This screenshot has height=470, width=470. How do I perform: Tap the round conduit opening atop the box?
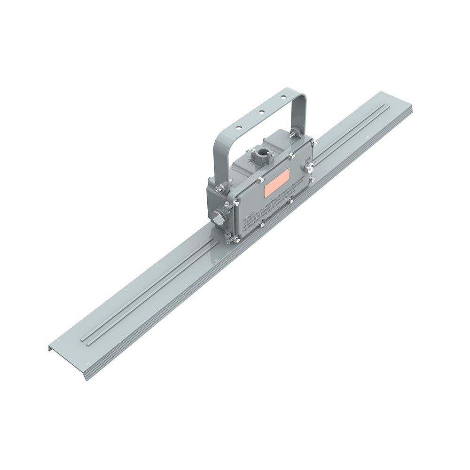coord(261,153)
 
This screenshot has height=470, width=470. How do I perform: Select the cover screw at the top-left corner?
coord(234,203)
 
